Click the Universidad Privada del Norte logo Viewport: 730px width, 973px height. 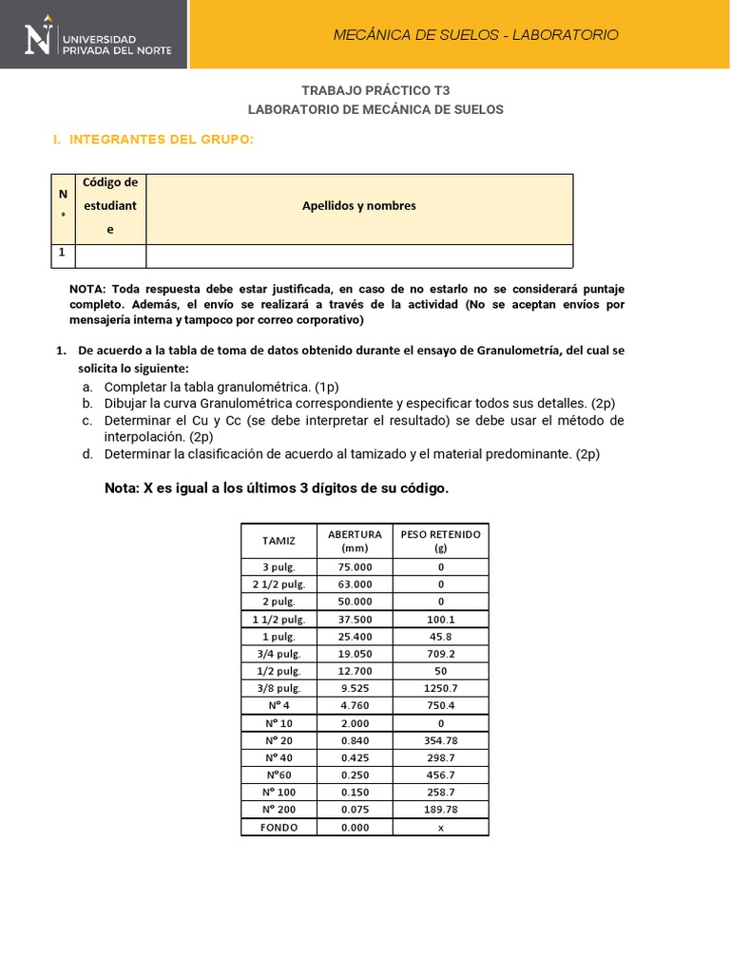[x=95, y=35]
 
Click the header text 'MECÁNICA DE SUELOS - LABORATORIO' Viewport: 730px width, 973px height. [x=475, y=35]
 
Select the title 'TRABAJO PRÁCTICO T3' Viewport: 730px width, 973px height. [x=375, y=90]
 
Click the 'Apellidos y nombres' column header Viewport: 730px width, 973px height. [x=359, y=205]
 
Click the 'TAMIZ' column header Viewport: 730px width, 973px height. [x=279, y=541]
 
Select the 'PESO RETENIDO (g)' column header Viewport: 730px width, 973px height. [x=441, y=541]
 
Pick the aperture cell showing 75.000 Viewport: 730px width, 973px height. [x=355, y=566]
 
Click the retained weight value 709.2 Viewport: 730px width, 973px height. [x=441, y=654]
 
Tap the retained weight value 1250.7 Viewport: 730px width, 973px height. [x=441, y=688]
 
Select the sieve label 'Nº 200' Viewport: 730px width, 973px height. [x=279, y=810]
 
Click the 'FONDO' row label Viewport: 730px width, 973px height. [x=279, y=827]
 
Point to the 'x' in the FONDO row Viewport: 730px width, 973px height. [x=441, y=827]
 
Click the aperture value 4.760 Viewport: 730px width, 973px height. [x=355, y=705]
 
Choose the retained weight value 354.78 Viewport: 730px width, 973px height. [x=441, y=740]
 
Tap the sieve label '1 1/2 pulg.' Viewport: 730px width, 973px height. [x=279, y=619]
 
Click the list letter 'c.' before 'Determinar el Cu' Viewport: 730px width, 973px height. [x=86, y=420]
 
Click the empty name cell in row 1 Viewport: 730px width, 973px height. [x=359, y=256]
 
